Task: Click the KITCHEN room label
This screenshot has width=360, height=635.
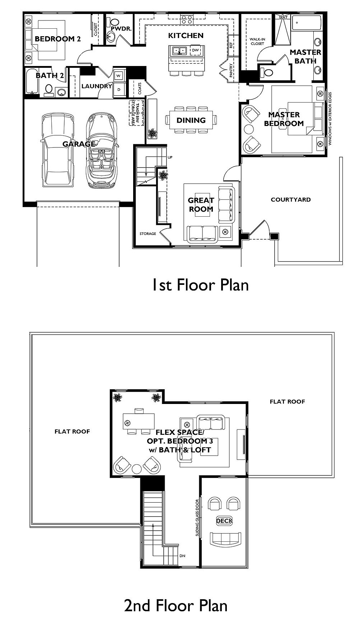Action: [186, 36]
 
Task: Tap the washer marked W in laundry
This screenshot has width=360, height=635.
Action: [119, 76]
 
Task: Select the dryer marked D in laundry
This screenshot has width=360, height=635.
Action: [119, 90]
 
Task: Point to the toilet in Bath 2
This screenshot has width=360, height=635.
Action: [48, 90]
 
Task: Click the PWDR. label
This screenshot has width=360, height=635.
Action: [118, 29]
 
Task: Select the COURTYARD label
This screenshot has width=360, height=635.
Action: [291, 199]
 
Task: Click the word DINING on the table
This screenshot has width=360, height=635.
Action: [191, 121]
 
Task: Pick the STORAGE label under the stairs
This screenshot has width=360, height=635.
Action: [148, 234]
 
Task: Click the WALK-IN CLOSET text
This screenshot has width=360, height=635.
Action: [257, 41]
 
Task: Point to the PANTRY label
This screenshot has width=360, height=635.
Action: [231, 70]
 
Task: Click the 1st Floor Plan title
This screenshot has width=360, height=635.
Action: [200, 285]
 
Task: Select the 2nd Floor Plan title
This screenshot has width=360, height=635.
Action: [176, 606]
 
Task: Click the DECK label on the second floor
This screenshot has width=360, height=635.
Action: [224, 521]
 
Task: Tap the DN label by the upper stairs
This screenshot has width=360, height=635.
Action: [182, 556]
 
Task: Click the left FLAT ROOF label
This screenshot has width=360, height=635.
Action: [72, 431]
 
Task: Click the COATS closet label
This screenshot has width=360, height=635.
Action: [140, 88]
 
